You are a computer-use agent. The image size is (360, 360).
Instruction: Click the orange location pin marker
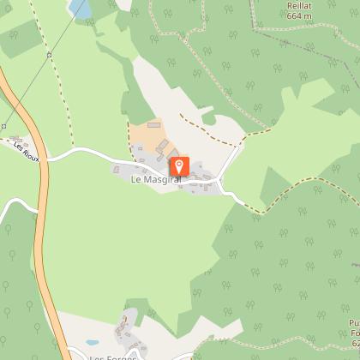pyautogui.click(x=179, y=165)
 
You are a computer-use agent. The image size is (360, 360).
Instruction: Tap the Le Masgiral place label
pyautogui.click(x=154, y=181)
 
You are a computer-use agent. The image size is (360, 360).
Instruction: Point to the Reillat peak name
pyautogui.click(x=299, y=5)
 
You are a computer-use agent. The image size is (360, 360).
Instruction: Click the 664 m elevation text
pyautogui.click(x=299, y=15)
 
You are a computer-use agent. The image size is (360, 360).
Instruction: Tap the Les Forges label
pyautogui.click(x=111, y=356)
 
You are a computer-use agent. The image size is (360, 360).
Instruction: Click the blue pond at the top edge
pyautogui.click(x=80, y=8)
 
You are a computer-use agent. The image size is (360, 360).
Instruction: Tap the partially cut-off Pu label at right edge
pyautogui.click(x=353, y=321)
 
